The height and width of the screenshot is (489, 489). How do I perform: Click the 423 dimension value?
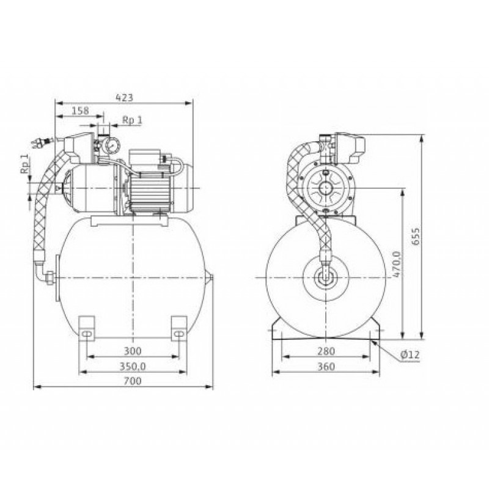click(x=125, y=98)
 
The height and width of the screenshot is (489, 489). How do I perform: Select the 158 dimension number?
click(x=80, y=111)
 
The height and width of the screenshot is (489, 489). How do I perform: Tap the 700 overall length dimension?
click(x=133, y=381)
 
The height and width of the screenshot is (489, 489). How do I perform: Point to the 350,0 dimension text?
click(x=133, y=366)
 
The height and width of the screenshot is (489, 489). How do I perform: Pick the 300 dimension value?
click(x=133, y=351)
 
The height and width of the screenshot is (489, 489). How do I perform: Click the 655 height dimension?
click(x=416, y=236)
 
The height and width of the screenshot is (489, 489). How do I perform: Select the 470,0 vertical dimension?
click(x=397, y=264)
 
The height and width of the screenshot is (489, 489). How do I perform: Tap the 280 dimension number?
click(x=326, y=351)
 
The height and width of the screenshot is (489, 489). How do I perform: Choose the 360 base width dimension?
click(x=326, y=366)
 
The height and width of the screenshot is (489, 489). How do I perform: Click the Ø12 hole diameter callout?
click(x=410, y=355)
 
